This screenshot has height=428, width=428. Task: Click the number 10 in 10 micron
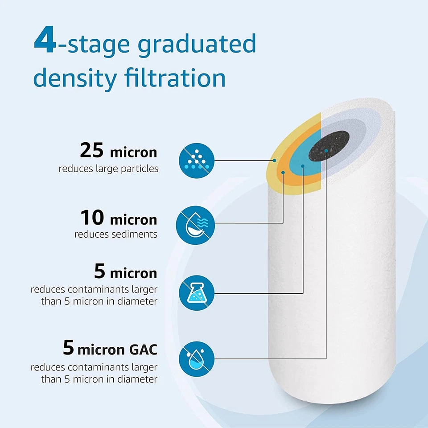pyautogui.click(x=92, y=218)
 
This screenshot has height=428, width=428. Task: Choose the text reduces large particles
pyautogui.click(x=108, y=169)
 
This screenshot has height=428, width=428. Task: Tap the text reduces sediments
pyautogui.click(x=115, y=234)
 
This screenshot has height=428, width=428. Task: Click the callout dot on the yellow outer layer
pyautogui.click(x=275, y=160)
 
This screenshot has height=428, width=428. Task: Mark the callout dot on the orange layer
pyautogui.click(x=283, y=171)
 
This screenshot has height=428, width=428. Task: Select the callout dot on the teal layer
pyautogui.click(x=303, y=166)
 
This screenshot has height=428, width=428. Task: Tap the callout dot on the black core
pyautogui.click(x=326, y=151)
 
